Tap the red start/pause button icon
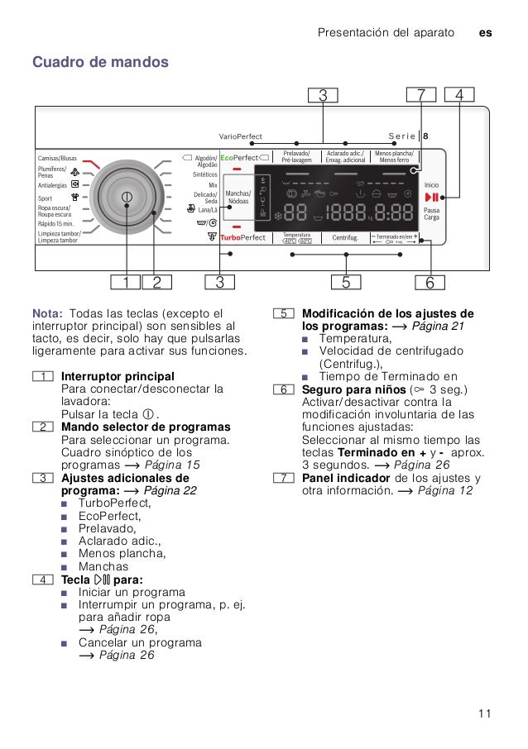(431, 197)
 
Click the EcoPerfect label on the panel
(239, 157)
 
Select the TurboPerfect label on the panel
(242, 237)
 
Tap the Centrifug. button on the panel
(345, 238)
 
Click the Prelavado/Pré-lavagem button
(296, 156)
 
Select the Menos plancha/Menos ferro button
(394, 156)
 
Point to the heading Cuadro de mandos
(100, 62)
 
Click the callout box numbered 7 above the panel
(421, 95)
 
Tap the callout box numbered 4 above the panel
(459, 95)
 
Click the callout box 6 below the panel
(430, 283)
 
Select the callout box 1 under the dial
(126, 283)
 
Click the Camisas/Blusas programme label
(57, 158)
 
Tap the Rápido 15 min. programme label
(55, 224)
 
